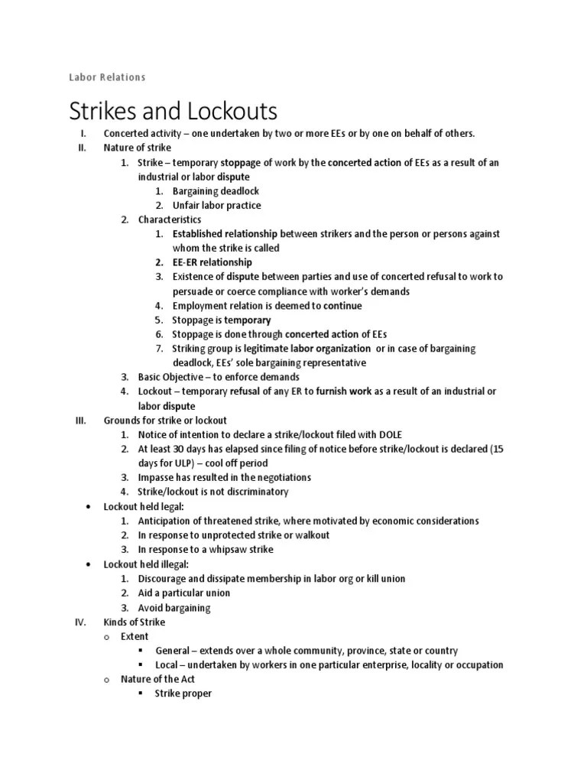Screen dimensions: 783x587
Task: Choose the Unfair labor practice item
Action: coord(216,205)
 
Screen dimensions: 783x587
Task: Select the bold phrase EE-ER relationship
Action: coord(212,262)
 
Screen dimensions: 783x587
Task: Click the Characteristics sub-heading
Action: coord(170,219)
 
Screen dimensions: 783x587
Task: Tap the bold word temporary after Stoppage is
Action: coord(247,320)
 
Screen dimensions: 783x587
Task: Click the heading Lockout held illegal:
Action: coord(145,564)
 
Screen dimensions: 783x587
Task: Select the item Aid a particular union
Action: coord(184,593)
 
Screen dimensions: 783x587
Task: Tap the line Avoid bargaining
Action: coord(174,608)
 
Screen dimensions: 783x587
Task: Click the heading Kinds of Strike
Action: coord(135,622)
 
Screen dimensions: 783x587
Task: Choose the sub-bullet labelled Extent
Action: coord(134,636)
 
